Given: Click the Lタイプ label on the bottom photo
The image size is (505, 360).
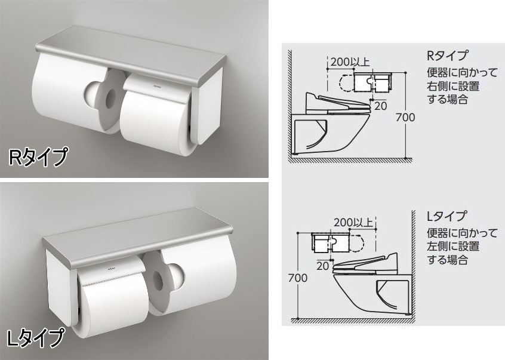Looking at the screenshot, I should click(35, 338).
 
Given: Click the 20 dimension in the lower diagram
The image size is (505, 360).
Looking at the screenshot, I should click(323, 266).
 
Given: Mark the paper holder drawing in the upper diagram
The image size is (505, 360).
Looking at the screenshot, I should click(372, 82).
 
